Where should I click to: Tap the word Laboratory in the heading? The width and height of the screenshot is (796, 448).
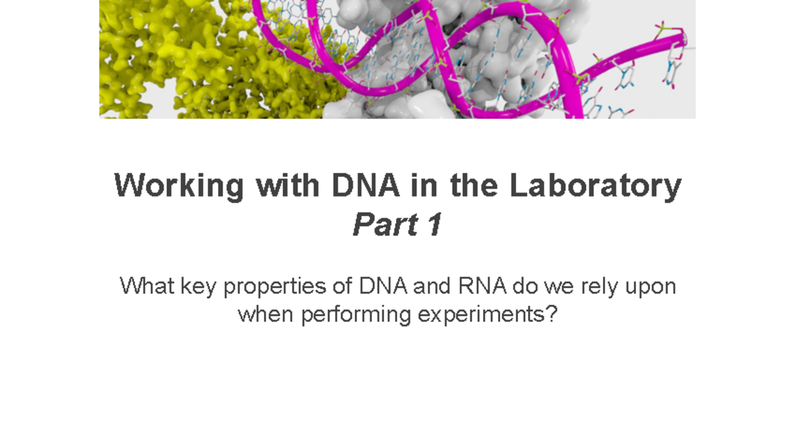(x=595, y=187)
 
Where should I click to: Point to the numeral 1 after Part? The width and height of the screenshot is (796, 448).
(x=434, y=227)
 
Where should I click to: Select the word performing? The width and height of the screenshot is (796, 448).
(x=356, y=315)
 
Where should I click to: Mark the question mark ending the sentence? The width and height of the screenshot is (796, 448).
(x=551, y=314)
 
